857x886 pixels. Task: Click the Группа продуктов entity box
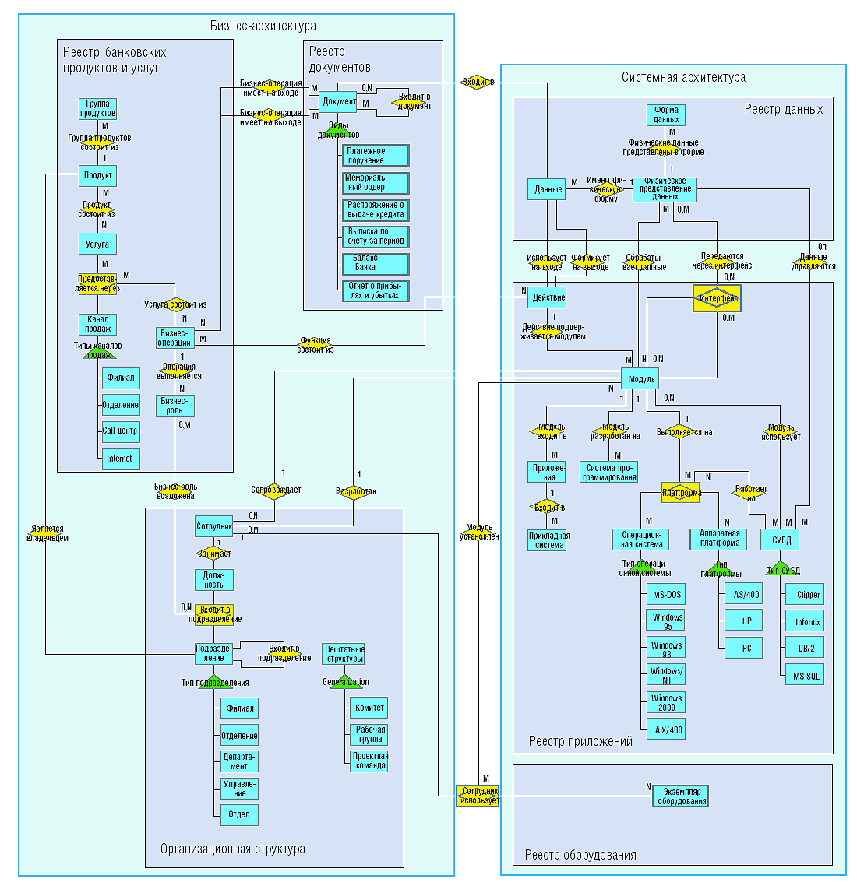pyautogui.click(x=97, y=108)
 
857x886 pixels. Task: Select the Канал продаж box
pyautogui.click(x=97, y=324)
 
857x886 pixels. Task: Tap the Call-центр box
pyautogui.click(x=120, y=431)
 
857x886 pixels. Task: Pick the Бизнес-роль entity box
pyautogui.click(x=175, y=406)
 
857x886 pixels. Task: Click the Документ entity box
pyautogui.click(x=339, y=101)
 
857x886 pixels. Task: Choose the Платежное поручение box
pyautogui.click(x=376, y=156)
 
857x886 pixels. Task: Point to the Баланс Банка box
pyautogui.click(x=376, y=262)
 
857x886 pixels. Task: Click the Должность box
pyautogui.click(x=213, y=580)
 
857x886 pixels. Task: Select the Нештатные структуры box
pyautogui.click(x=344, y=654)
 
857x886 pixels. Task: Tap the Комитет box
pyautogui.click(x=369, y=708)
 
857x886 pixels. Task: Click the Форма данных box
pyautogui.click(x=666, y=115)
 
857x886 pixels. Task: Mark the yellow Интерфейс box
pyautogui.click(x=717, y=298)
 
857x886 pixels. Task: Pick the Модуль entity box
pyautogui.click(x=640, y=379)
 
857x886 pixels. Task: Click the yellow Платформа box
pyautogui.click(x=682, y=493)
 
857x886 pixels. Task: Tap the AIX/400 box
pyautogui.click(x=667, y=730)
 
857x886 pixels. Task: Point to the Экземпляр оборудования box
pyautogui.click(x=681, y=796)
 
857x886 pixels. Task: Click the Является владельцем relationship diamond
pyautogui.click(x=47, y=533)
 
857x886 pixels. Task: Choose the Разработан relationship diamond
pyautogui.click(x=356, y=491)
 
